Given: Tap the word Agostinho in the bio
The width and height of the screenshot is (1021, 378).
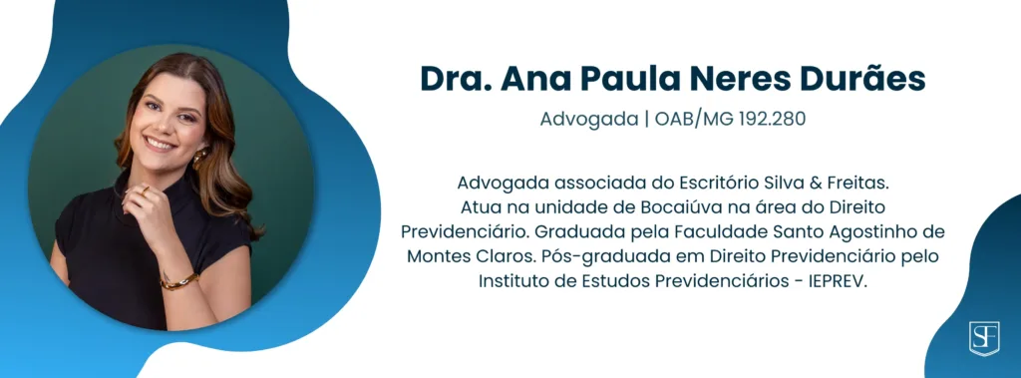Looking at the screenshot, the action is pyautogui.click(x=873, y=231).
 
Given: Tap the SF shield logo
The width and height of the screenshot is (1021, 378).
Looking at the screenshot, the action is pyautogui.click(x=984, y=338).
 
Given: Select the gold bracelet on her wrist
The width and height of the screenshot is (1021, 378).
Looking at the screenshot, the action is pyautogui.click(x=179, y=281).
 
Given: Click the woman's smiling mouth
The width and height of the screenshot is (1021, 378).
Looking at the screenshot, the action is pyautogui.click(x=160, y=144).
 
